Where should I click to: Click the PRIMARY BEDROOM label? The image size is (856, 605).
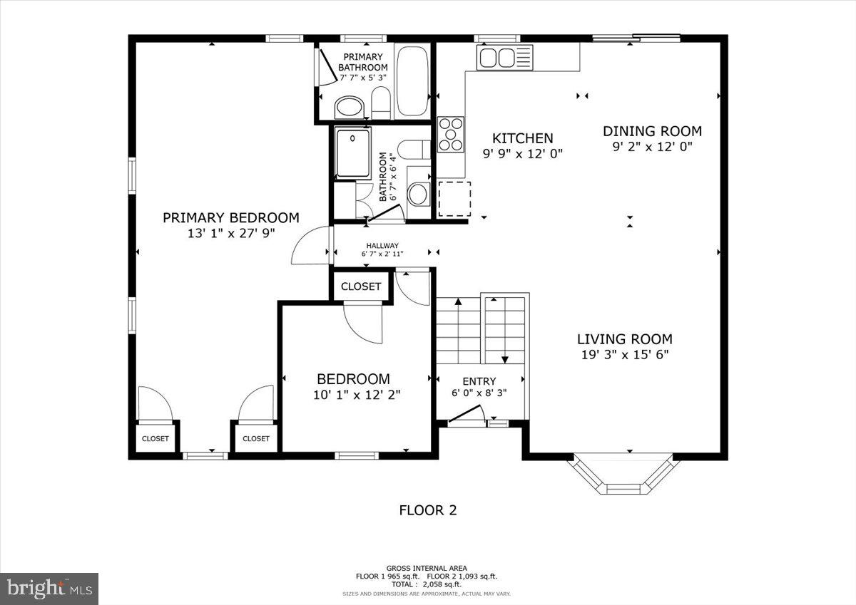coord(230,217)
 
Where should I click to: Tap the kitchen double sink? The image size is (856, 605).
coord(496,57)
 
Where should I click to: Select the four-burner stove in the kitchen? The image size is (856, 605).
coord(450,134)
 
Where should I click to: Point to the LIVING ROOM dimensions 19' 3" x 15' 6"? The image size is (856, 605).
coord(624,354)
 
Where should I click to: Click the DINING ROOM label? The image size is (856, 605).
coord(652,131)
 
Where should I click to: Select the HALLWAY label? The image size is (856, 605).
coord(382,246)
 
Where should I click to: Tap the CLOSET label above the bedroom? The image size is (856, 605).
coord(361,286)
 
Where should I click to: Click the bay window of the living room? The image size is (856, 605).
coord(623,478)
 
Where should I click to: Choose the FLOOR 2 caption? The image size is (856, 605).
coord(427,510)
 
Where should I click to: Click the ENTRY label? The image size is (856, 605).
coord(479,381)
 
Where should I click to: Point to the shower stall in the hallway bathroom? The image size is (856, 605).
coord(353,152)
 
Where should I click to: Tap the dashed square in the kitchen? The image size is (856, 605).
coord(454,198)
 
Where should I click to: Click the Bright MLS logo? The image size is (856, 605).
coord(49,589)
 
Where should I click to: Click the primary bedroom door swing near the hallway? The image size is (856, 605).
coord(310,246)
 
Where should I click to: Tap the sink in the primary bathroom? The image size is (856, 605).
coord(350,108)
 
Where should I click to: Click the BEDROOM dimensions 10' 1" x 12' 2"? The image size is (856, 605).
coord(357,394)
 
